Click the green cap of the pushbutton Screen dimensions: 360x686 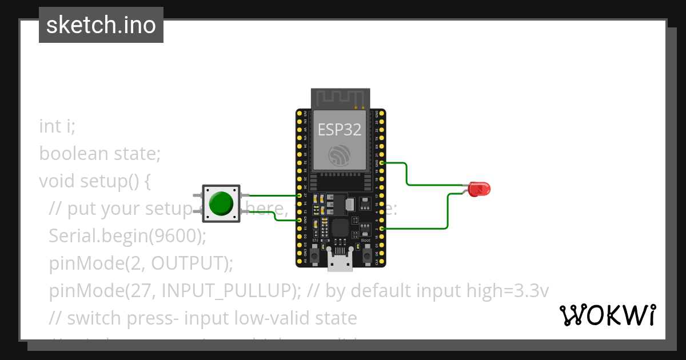pyautogui.click(x=221, y=203)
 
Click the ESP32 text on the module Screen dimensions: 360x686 pyautogui.click(x=340, y=130)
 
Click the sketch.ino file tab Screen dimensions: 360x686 pyautogui.click(x=101, y=25)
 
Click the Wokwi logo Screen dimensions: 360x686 pyautogui.click(x=607, y=315)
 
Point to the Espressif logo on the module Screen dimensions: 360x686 pyautogui.click(x=340, y=155)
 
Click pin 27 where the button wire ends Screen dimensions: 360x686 pyautogui.click(x=299, y=195)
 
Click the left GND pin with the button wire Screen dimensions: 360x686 pyautogui.click(x=299, y=219)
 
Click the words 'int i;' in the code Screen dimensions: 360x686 pyautogui.click(x=57, y=126)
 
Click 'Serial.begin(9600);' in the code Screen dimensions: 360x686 pyautogui.click(x=127, y=235)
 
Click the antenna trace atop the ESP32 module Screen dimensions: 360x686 pyautogui.click(x=340, y=97)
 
